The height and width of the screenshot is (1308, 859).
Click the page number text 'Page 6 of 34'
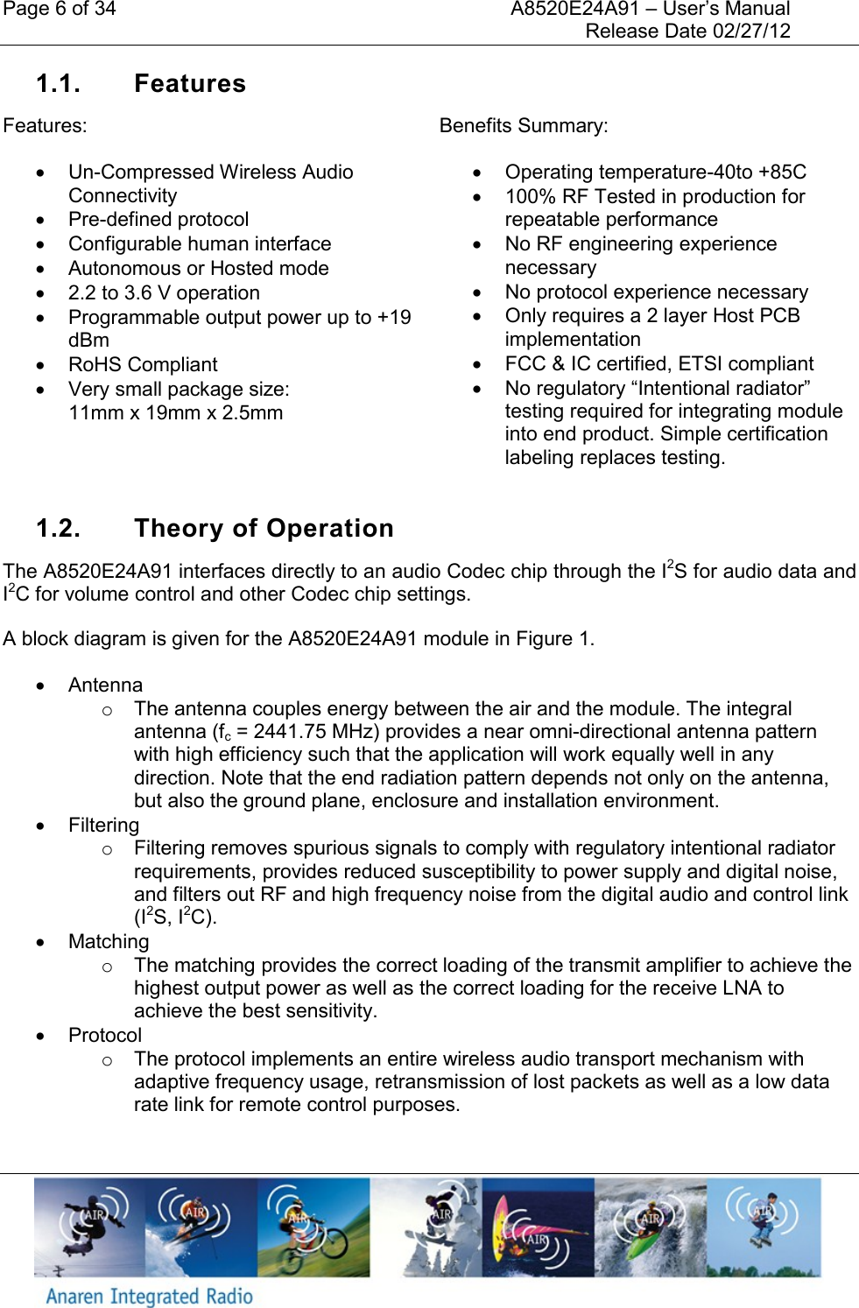tap(59, 10)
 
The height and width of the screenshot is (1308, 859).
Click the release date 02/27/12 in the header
tap(751, 32)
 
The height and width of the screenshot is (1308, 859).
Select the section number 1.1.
tap(58, 84)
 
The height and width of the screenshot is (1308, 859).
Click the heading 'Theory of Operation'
tap(264, 529)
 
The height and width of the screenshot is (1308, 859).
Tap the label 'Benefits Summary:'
tap(523, 126)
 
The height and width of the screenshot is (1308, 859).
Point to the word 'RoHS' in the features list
tap(94, 365)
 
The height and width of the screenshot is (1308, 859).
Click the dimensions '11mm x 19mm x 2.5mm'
tap(175, 413)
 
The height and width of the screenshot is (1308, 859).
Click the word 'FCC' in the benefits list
tap(525, 364)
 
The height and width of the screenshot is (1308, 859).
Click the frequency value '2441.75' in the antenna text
tap(290, 732)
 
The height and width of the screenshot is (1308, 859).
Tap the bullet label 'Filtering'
tap(103, 826)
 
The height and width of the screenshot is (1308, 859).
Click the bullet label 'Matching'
tap(109, 942)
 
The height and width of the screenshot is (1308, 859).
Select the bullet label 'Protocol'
tap(105, 1036)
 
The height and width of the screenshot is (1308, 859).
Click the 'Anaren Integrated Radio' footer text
tap(149, 1297)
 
